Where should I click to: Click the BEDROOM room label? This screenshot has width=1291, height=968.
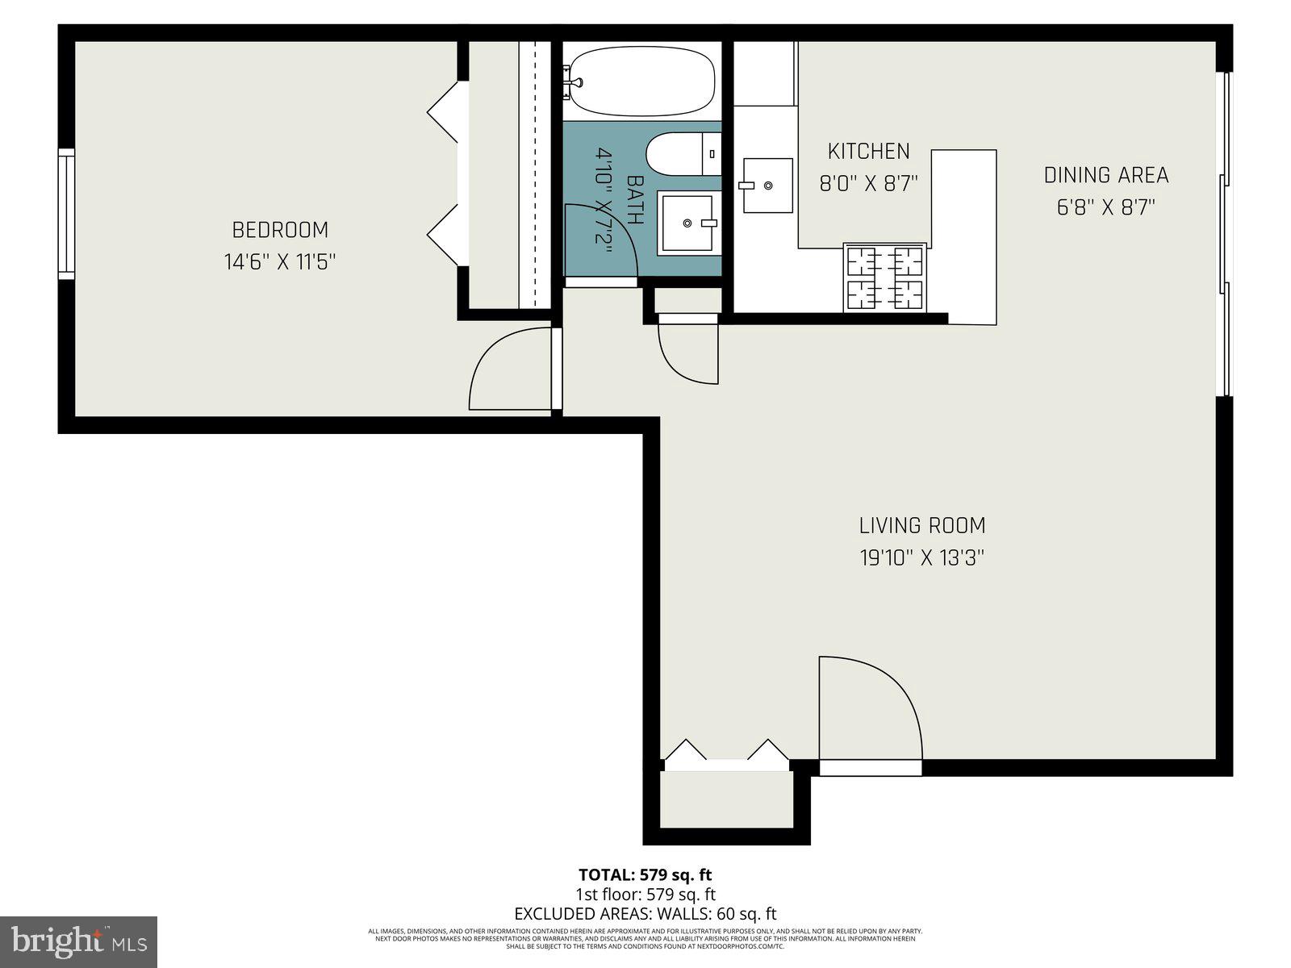click(x=280, y=230)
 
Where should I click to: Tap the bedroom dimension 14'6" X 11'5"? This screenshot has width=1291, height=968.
click(x=280, y=262)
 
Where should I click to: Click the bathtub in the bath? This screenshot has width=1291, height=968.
click(x=641, y=81)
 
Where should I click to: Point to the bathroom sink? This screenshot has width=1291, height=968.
click(x=688, y=223)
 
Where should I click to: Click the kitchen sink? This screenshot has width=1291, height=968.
click(x=767, y=186)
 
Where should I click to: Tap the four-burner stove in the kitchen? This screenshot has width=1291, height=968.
click(x=885, y=278)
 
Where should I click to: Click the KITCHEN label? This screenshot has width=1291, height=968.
click(x=869, y=151)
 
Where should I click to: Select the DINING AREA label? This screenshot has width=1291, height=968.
click(x=1106, y=175)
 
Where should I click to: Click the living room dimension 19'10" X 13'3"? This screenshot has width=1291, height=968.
click(x=922, y=557)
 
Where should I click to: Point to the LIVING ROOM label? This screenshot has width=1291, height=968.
click(x=922, y=526)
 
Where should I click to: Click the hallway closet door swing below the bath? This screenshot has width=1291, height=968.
click(x=686, y=353)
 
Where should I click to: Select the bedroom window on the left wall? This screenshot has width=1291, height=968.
click(x=66, y=214)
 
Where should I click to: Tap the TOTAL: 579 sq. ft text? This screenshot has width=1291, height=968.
click(x=645, y=874)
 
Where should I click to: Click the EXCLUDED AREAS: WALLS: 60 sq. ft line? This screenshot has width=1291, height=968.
click(x=645, y=914)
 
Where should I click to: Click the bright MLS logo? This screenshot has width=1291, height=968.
click(x=79, y=941)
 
